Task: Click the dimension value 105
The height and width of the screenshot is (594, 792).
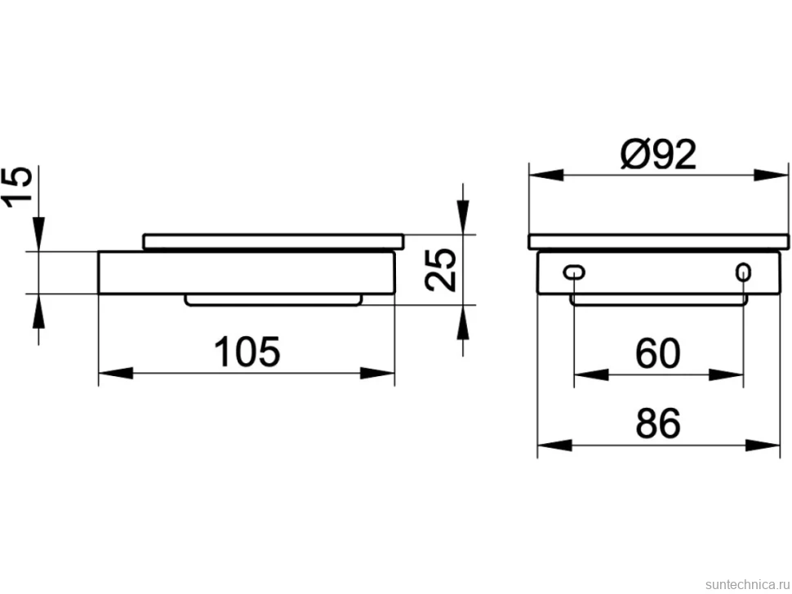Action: tap(247, 351)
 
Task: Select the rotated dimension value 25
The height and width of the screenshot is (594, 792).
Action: tap(440, 270)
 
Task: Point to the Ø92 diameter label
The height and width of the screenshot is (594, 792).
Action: tap(659, 154)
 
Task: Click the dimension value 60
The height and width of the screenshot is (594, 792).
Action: tap(657, 353)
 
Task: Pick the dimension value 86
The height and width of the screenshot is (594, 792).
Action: tap(657, 423)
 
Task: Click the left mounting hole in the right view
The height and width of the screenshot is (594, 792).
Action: tap(574, 273)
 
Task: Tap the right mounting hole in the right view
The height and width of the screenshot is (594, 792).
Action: tap(743, 273)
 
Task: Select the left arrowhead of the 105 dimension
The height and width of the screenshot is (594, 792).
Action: tap(116, 374)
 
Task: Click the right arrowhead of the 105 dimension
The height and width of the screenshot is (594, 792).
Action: tap(377, 374)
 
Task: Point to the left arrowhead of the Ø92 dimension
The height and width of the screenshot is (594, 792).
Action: tap(546, 175)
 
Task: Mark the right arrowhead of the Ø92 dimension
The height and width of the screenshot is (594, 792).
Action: tap(771, 175)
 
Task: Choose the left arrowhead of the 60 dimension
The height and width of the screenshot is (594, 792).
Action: tap(591, 375)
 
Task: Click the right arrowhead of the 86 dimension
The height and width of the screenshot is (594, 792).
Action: tap(763, 445)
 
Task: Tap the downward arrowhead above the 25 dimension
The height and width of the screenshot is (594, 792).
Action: tap(463, 218)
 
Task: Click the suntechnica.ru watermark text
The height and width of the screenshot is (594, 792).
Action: tap(747, 584)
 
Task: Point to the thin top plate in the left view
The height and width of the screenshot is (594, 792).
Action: tap(274, 242)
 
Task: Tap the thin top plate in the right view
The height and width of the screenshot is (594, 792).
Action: tap(659, 242)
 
